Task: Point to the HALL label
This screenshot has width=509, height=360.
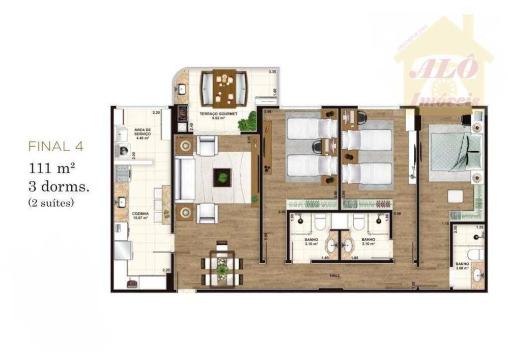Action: click(x=334, y=275)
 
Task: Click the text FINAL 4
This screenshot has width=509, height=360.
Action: click(x=56, y=147)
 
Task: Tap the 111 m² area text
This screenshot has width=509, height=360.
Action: click(x=53, y=168)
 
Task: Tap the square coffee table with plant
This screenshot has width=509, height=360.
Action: click(x=222, y=177)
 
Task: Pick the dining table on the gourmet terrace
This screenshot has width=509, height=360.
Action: click(x=222, y=87)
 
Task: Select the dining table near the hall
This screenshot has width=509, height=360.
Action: click(x=222, y=268)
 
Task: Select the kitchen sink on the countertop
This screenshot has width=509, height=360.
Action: click(x=122, y=202)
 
